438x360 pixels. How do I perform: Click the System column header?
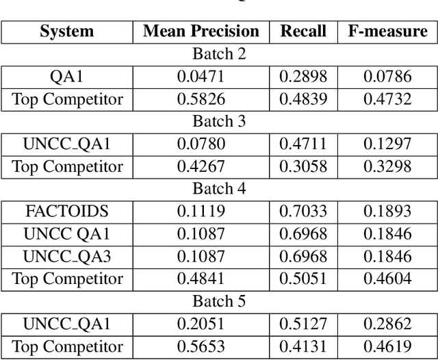pos(66,31)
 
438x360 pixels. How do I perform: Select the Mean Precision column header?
pos(201,31)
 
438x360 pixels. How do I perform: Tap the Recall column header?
pos(302,31)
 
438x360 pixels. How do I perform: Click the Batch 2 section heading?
pos(219,54)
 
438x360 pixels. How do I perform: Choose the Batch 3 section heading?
pos(219,121)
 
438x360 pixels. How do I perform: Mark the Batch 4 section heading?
pos(219,189)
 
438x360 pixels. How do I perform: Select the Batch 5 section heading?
pos(219,301)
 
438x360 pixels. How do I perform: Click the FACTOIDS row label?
pos(66,211)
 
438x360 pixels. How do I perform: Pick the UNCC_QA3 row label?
pos(66,257)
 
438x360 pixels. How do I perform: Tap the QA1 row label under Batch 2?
pos(66,77)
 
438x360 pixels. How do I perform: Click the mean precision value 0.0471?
pos(201,77)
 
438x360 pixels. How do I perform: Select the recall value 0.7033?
pos(302,211)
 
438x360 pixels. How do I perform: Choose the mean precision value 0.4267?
pos(201,166)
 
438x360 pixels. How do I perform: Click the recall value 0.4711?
pos(302,144)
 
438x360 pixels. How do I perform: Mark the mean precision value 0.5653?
pos(201,346)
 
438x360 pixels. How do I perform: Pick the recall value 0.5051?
pos(302,279)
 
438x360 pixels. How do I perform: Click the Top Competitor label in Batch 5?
pos(66,346)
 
